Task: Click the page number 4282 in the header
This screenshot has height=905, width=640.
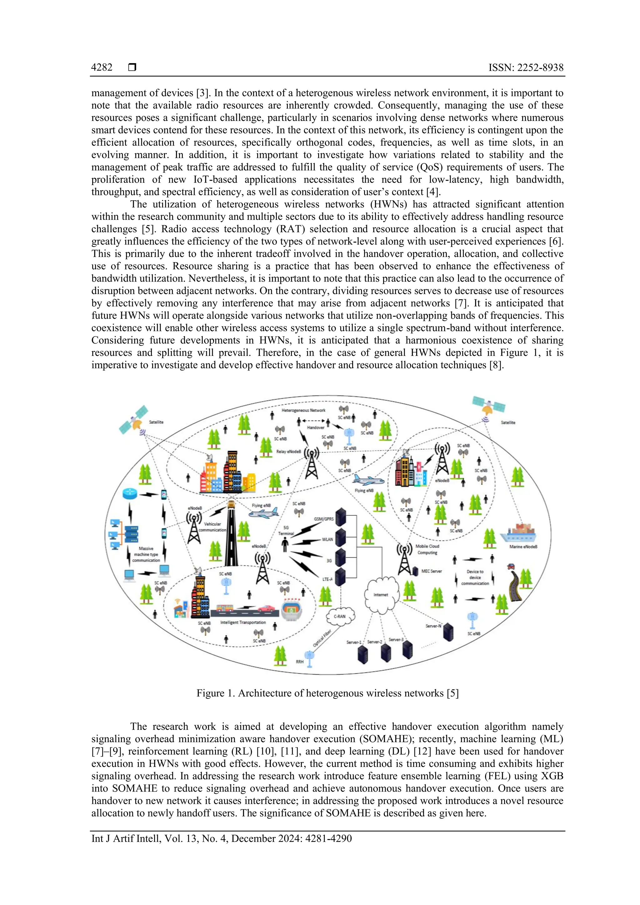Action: [x=102, y=67]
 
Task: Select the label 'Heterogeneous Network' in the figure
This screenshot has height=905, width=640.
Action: [x=303, y=410]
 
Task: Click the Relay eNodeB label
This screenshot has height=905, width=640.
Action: [x=288, y=452]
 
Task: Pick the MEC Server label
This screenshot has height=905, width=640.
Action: [x=432, y=571]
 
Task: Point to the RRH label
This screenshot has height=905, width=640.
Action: [x=300, y=662]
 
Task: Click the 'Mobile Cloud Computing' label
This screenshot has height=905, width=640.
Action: [x=427, y=549]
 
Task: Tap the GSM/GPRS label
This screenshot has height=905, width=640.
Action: [x=324, y=519]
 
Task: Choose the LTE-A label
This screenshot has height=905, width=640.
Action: [x=327, y=579]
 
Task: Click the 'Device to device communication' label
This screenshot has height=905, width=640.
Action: [x=475, y=577]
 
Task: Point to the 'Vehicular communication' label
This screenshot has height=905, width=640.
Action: [x=212, y=527]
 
